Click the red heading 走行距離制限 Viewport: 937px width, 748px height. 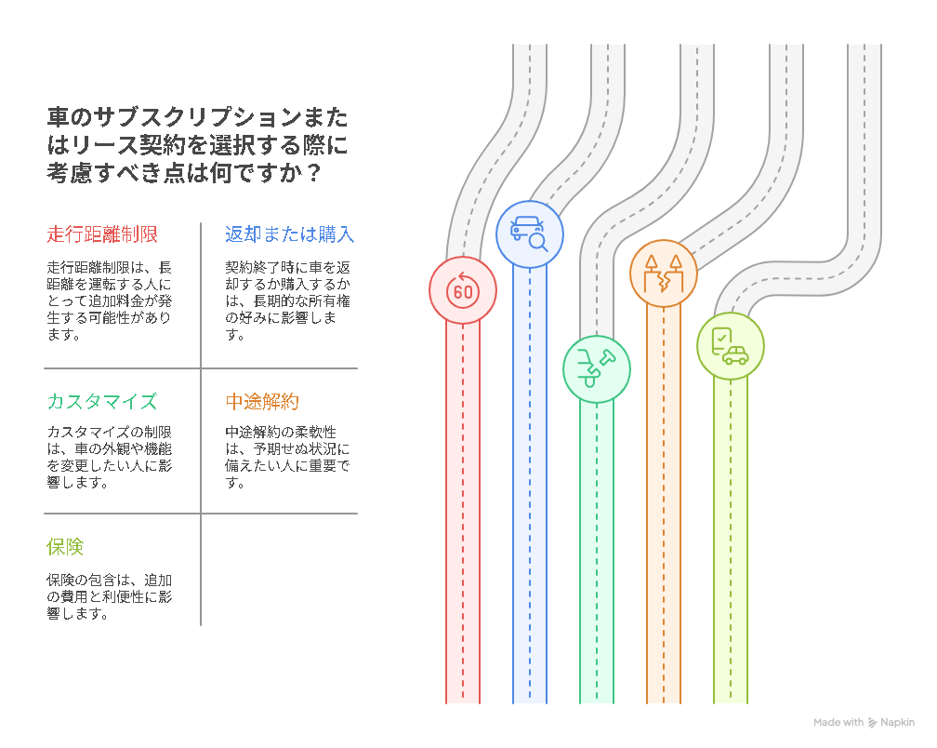pyautogui.click(x=102, y=234)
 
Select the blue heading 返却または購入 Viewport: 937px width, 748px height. pyautogui.click(x=290, y=234)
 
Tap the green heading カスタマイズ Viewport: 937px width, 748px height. pyautogui.click(x=102, y=401)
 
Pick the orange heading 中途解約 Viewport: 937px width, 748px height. pyautogui.click(x=262, y=401)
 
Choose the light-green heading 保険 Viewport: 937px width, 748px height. pyautogui.click(x=65, y=546)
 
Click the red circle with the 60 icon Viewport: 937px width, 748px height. pyautogui.click(x=463, y=290)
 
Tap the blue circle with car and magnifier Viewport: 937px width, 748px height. pyautogui.click(x=530, y=234)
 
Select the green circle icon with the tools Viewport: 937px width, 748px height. pyautogui.click(x=597, y=369)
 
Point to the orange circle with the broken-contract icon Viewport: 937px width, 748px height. pyautogui.click(x=664, y=274)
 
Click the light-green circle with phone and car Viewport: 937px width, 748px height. pyautogui.click(x=731, y=346)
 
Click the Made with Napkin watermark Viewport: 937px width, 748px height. pyautogui.click(x=864, y=722)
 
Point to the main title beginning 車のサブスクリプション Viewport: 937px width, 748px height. pyautogui.click(x=197, y=145)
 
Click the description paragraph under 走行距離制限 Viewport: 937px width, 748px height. pyautogui.click(x=110, y=301)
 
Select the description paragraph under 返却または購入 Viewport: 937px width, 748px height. pyautogui.click(x=287, y=301)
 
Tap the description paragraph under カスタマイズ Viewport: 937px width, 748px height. pyautogui.click(x=110, y=457)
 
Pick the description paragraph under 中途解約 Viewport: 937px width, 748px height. pyautogui.click(x=287, y=457)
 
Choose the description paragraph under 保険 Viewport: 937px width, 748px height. pyautogui.click(x=110, y=596)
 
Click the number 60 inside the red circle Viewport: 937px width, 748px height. pyautogui.click(x=463, y=292)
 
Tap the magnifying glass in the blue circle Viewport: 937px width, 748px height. pyautogui.click(x=539, y=242)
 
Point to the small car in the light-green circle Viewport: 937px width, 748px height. pyautogui.click(x=735, y=355)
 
